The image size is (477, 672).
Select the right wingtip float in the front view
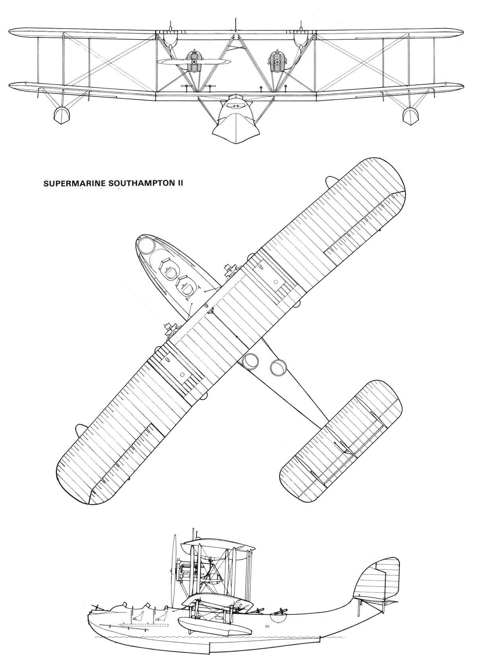[x=411, y=116]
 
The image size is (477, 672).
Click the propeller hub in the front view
[x=194, y=62]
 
